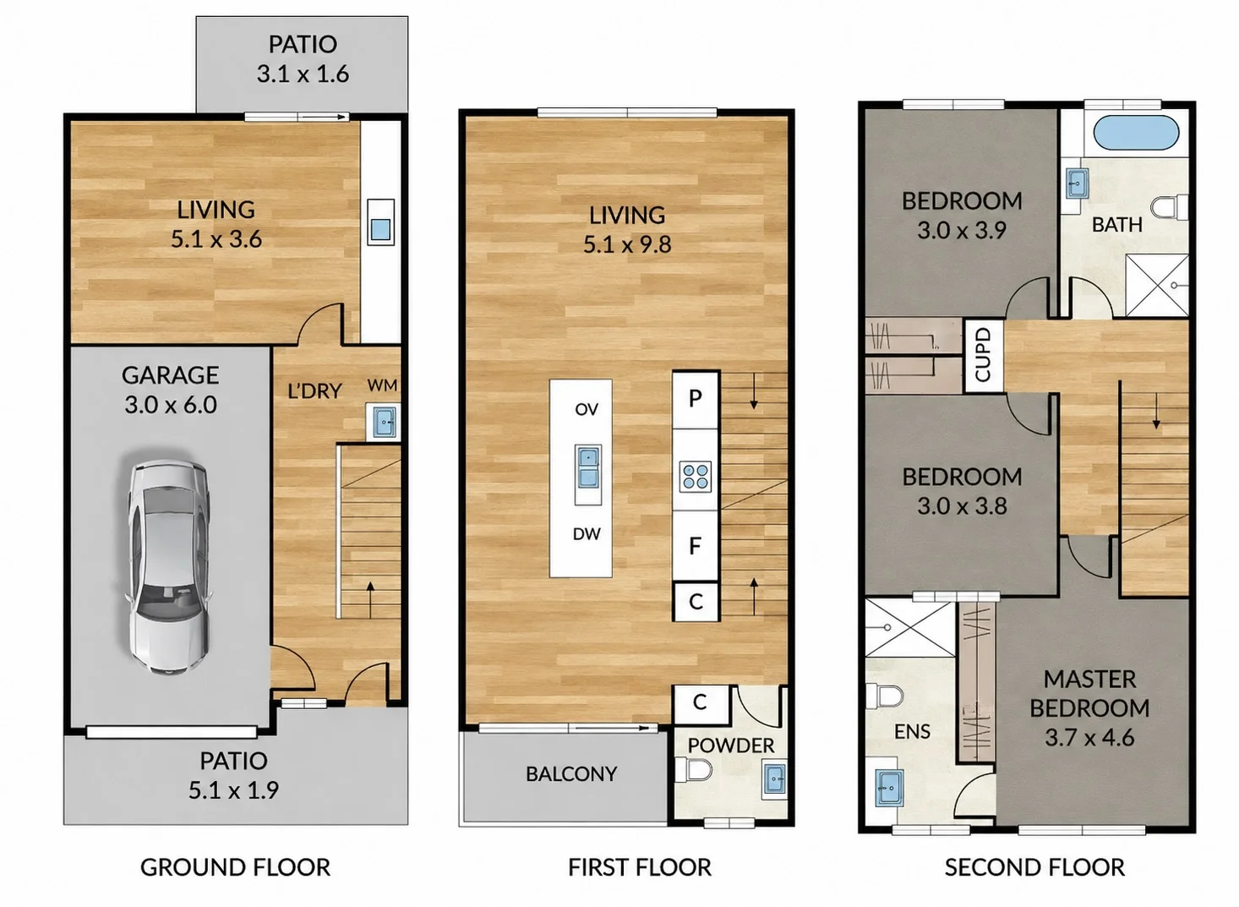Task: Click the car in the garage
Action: [169, 567]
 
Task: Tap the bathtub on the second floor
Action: [1136, 133]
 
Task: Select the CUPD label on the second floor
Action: [983, 354]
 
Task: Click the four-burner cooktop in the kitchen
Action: [696, 477]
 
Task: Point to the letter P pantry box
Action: [696, 399]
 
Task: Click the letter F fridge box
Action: [696, 546]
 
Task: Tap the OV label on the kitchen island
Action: [587, 409]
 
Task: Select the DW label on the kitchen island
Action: [587, 533]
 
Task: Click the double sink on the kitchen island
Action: [588, 467]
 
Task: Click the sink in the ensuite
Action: [889, 788]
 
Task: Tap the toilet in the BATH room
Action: [1170, 207]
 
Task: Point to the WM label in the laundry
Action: [382, 385]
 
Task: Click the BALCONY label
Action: [571, 773]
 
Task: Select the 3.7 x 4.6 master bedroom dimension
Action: [1089, 737]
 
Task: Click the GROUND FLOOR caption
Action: [235, 866]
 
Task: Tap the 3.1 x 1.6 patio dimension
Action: [303, 74]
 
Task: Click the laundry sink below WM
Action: [383, 422]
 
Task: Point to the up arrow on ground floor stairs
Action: [370, 599]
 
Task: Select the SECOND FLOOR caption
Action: [1034, 866]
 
